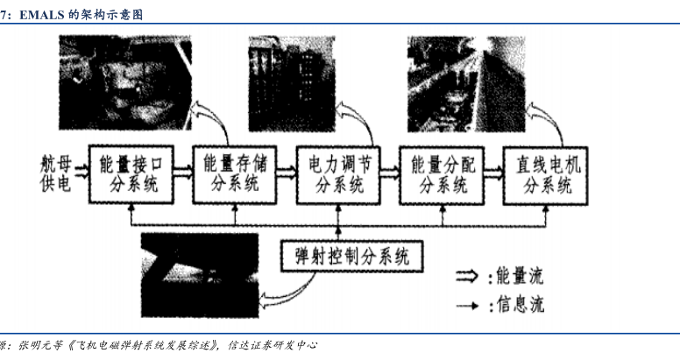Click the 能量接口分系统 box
[131, 174]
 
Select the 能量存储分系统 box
[234, 174]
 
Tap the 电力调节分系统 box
[339, 174]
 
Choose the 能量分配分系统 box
[443, 174]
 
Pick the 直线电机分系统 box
[547, 174]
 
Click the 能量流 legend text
[522, 277]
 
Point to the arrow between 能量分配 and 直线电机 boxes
[495, 174]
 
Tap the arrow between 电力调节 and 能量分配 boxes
[391, 174]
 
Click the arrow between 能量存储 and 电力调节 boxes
[287, 174]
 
